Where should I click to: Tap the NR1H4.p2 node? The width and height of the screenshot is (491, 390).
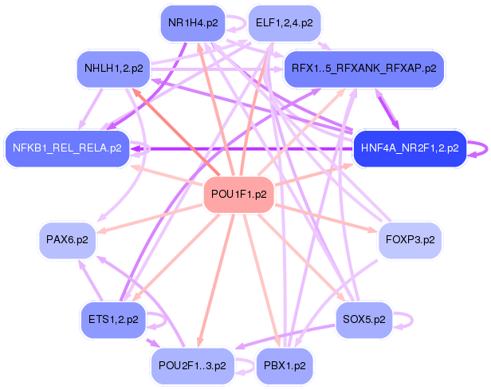pos(190,23)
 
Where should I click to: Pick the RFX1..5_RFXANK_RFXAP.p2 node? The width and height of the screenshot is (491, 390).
pos(363,69)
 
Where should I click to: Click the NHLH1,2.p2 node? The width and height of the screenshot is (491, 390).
pos(113,69)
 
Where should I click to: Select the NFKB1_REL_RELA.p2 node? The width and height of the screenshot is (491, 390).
pos(67,148)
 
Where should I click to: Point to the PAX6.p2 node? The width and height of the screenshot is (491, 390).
pos(67,239)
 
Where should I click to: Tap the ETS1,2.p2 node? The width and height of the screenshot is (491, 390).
pos(113,319)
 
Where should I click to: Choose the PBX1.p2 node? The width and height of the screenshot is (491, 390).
pos(285,366)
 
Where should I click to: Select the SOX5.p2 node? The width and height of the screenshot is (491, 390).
pos(363,319)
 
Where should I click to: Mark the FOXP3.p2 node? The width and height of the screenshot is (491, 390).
pos(410,239)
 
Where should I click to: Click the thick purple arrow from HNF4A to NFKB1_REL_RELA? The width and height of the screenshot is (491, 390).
pos(239,148)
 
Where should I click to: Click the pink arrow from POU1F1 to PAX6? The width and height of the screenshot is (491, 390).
pos(151,217)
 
